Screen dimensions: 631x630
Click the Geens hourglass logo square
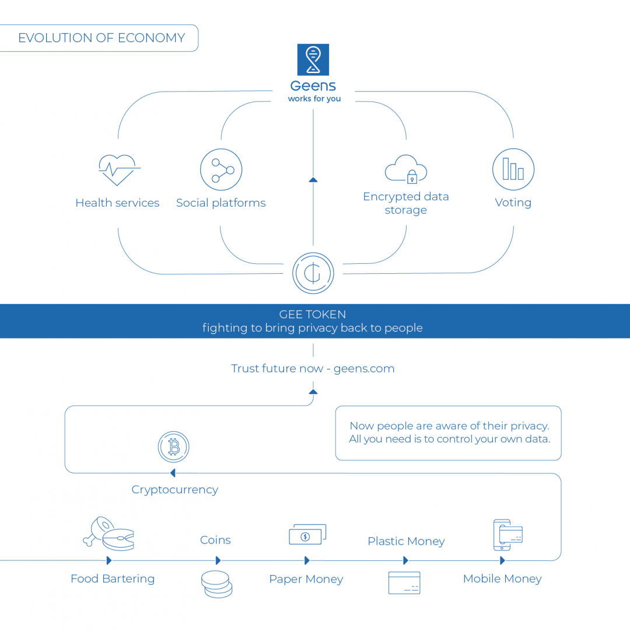313,60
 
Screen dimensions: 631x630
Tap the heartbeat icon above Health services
119,170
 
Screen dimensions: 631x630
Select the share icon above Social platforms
221,170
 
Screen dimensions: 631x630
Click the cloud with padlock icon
406,169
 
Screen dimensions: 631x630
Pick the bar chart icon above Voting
513,169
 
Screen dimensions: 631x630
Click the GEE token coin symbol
313,273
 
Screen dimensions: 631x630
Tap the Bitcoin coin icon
174,448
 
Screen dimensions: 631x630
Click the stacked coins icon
217,584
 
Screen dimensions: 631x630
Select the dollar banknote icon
307,535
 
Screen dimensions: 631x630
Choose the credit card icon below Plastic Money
404,583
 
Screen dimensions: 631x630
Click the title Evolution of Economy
101,38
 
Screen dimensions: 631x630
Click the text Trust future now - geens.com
313,368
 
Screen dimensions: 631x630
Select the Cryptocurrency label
174,490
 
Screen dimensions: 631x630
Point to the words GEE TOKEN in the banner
313,315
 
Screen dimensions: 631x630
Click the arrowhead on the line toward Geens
313,180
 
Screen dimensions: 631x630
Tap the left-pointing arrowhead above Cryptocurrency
173,473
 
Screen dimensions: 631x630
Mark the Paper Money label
306,579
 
